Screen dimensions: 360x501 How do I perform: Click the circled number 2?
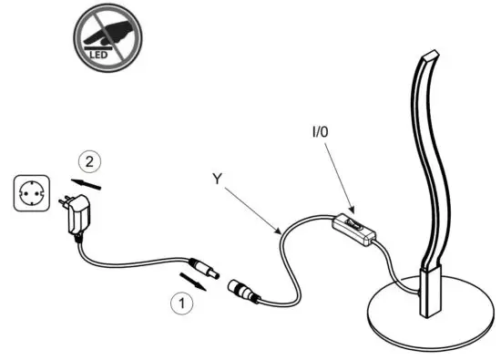tap(87, 162)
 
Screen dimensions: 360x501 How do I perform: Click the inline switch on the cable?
tap(358, 228)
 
